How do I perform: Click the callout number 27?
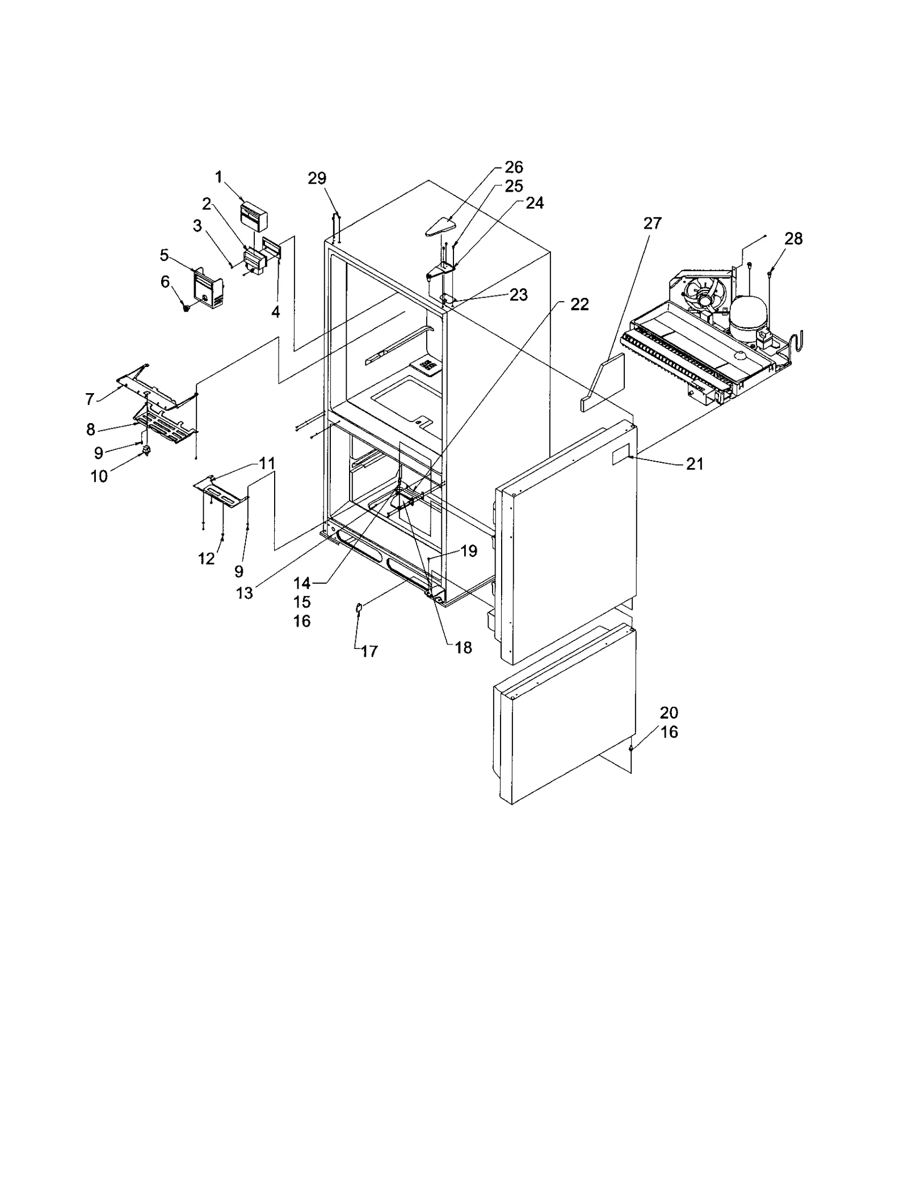[x=652, y=223]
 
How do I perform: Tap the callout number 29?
[x=317, y=178]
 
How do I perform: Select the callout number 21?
[x=694, y=464]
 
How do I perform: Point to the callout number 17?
[x=369, y=652]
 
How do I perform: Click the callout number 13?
[x=245, y=593]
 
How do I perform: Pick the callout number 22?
[x=579, y=305]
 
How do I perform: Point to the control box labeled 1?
[x=254, y=218]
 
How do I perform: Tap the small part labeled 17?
[x=359, y=609]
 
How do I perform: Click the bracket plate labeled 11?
[x=221, y=491]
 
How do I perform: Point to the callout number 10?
[x=99, y=476]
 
